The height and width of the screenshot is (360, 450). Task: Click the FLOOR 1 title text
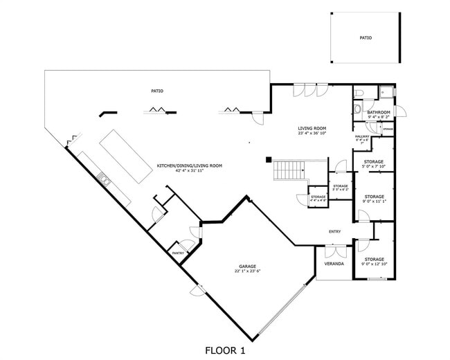[225, 351]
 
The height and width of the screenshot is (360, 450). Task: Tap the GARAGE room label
[249, 266]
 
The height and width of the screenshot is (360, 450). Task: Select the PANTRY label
[179, 253]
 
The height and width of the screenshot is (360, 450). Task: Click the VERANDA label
[334, 264]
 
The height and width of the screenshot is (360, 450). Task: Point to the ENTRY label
[335, 231]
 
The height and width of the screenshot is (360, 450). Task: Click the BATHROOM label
[379, 112]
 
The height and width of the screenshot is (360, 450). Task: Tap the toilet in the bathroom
[358, 93]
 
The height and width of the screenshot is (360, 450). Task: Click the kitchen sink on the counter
[105, 180]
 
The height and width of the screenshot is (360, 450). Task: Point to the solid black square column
[268, 160]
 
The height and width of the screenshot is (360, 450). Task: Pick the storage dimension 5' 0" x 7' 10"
[374, 167]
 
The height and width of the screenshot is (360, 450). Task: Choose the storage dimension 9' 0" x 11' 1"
[374, 201]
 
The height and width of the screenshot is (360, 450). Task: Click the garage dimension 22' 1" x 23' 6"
[249, 271]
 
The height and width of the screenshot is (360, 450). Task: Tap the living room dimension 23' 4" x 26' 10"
[312, 134]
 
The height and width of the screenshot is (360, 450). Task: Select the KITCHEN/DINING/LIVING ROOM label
[189, 165]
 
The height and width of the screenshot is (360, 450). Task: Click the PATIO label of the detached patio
[366, 38]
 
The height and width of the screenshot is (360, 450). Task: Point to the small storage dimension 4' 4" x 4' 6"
[318, 200]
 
